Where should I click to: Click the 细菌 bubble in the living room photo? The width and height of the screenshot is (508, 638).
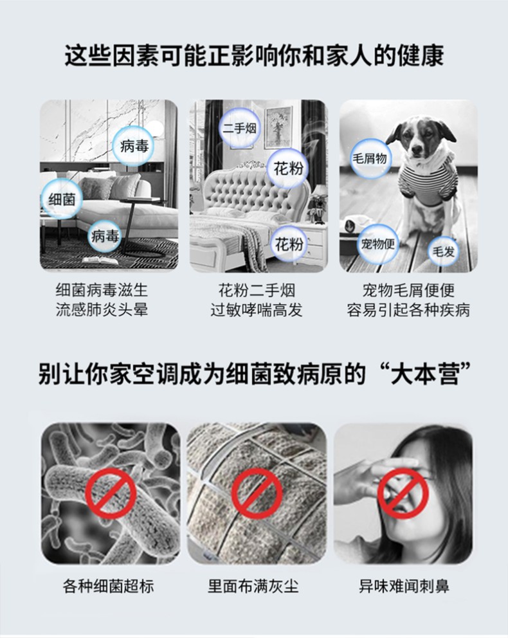point(62,199)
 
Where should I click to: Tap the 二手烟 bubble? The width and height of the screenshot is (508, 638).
point(240,129)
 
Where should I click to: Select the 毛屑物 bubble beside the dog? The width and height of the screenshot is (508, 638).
point(370,158)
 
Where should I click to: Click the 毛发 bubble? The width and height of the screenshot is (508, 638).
point(443,251)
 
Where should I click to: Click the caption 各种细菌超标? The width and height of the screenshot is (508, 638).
point(109,587)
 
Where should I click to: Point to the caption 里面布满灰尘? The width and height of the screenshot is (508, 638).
point(253,587)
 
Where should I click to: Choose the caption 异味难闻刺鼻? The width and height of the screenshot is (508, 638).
point(404,587)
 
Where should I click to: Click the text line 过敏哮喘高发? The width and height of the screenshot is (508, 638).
point(256,310)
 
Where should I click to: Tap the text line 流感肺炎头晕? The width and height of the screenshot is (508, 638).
point(102,310)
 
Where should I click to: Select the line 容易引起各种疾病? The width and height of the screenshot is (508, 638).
point(408,310)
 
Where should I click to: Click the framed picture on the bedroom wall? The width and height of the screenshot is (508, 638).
point(278,127)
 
